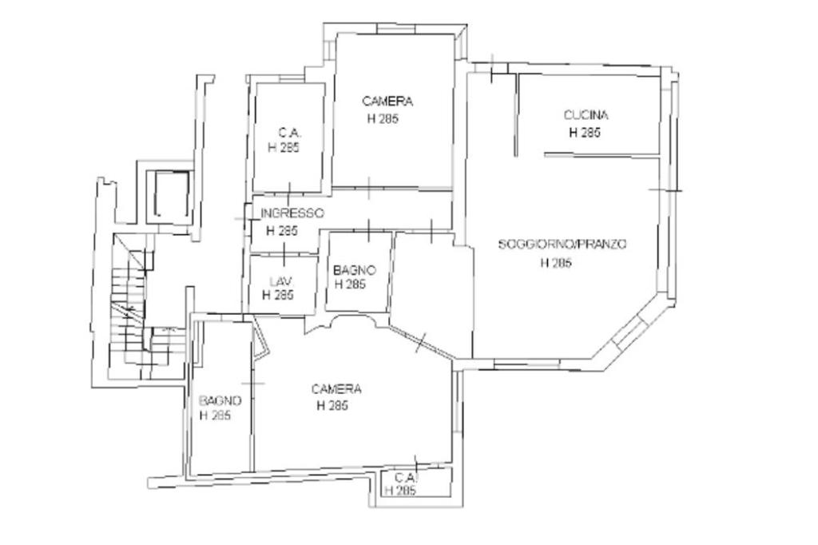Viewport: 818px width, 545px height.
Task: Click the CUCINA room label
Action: (x=586, y=115)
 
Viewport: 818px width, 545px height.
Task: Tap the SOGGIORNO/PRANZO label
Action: (x=562, y=244)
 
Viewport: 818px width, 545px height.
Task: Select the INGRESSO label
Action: (x=292, y=213)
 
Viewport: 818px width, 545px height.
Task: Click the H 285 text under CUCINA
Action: (x=584, y=133)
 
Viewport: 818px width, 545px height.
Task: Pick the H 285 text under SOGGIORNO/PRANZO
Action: (x=556, y=263)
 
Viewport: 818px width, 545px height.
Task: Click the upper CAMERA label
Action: (x=387, y=101)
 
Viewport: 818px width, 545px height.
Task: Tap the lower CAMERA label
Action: (x=336, y=389)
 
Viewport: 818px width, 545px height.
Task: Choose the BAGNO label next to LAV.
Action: (x=355, y=270)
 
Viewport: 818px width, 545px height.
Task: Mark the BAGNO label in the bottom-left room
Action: (x=220, y=401)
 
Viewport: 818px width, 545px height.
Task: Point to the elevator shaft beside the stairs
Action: (x=171, y=193)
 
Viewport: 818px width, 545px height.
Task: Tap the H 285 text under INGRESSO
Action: (x=282, y=231)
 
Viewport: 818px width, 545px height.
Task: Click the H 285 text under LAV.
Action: (x=277, y=296)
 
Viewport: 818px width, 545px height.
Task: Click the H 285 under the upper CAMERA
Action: (x=383, y=119)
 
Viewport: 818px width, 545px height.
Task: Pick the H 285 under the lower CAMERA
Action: (x=332, y=406)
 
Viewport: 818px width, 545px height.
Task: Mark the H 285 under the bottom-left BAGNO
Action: (x=216, y=416)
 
